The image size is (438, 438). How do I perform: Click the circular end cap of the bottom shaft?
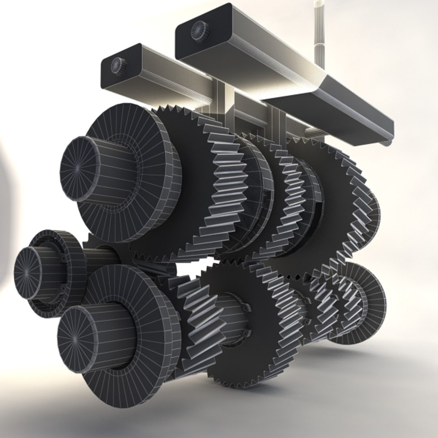(x=77, y=339)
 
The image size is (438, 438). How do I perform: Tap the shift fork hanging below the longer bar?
(x=278, y=122)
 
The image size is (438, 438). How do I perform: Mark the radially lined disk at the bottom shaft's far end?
(x=371, y=300)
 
